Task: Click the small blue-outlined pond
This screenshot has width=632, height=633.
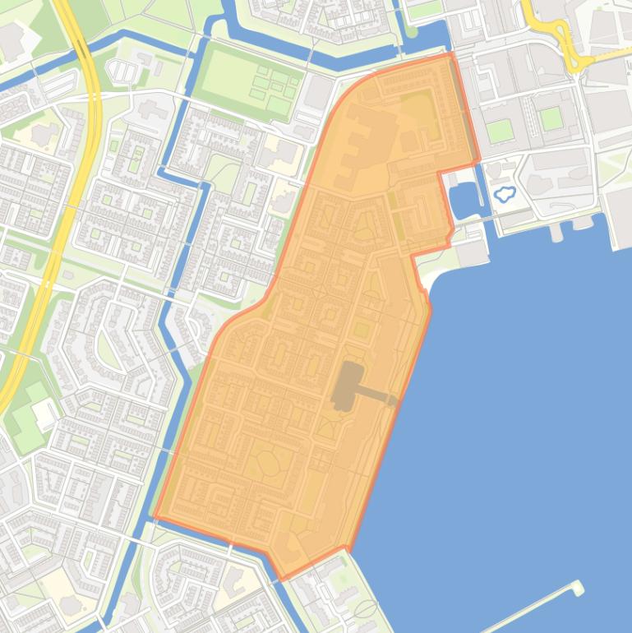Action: click(503, 195)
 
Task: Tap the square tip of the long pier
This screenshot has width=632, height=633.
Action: click(579, 587)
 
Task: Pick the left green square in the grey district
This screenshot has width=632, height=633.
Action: click(498, 131)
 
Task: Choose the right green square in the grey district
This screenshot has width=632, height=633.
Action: click(551, 119)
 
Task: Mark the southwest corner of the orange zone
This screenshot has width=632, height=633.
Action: click(154, 518)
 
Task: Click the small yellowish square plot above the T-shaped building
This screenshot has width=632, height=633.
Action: click(362, 330)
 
